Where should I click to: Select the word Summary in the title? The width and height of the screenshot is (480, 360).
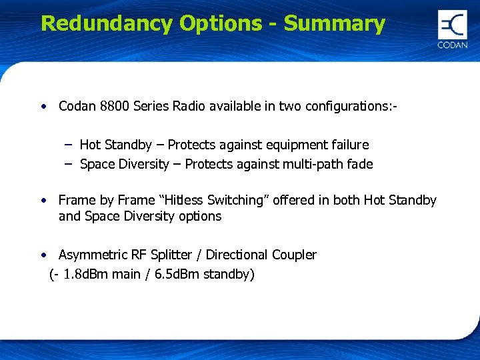pyautogui.click(x=334, y=23)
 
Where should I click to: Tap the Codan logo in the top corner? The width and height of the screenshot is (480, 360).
pyautogui.click(x=452, y=29)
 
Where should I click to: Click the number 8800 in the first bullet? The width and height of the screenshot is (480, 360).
pyautogui.click(x=115, y=106)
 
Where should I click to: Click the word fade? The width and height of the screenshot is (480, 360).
pyautogui.click(x=360, y=164)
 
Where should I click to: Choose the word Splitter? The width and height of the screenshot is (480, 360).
pyautogui.click(x=175, y=255)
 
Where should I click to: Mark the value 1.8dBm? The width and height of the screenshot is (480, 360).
pyautogui.click(x=90, y=274)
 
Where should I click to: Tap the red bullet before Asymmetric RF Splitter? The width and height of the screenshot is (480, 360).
pyautogui.click(x=43, y=255)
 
